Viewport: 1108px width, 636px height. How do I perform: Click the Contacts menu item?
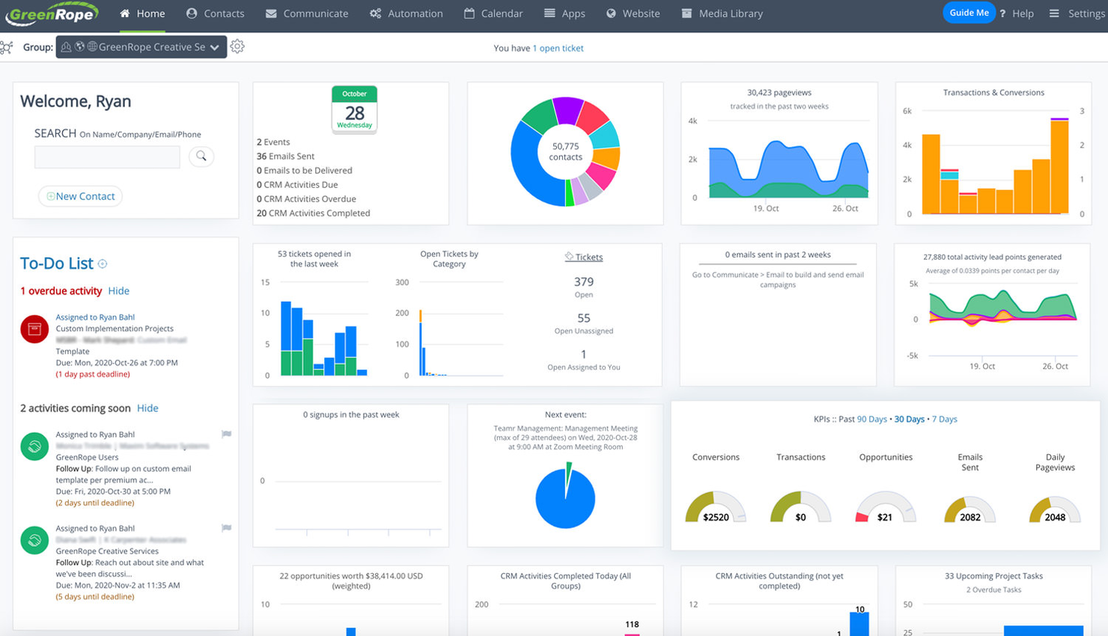(x=216, y=13)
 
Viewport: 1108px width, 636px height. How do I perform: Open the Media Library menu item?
(x=722, y=13)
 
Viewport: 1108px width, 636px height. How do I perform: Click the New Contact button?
(x=80, y=196)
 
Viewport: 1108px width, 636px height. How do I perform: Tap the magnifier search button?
(x=201, y=156)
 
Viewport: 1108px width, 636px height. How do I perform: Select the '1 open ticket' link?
(x=558, y=48)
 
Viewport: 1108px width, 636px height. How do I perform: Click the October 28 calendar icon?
(x=354, y=109)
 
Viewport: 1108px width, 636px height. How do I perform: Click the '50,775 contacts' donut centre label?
(x=565, y=151)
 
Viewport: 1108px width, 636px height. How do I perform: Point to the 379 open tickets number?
(x=584, y=282)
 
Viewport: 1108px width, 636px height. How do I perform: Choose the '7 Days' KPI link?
(x=945, y=419)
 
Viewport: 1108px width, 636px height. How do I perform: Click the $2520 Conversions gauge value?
(x=716, y=517)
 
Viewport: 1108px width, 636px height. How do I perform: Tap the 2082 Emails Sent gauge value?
(x=970, y=517)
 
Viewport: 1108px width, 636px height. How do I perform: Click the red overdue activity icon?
(x=34, y=329)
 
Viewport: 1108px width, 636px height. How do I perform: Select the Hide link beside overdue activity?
(x=118, y=291)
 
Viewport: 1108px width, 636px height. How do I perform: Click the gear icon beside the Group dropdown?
(x=237, y=46)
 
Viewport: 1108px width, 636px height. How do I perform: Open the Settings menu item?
(x=1077, y=13)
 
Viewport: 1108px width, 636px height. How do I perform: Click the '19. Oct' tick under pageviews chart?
(x=766, y=208)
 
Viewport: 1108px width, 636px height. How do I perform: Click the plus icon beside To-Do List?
(x=103, y=264)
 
